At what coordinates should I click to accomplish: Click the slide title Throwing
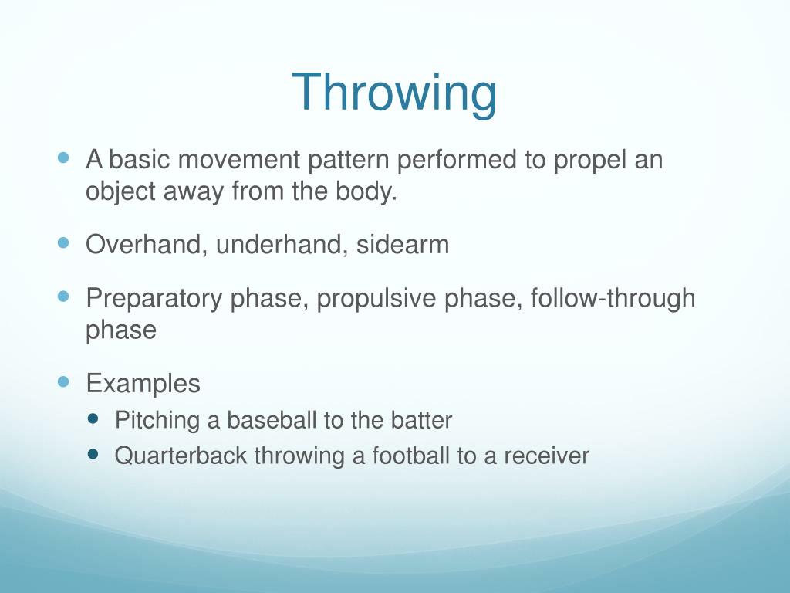pos(394,93)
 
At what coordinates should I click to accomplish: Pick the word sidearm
pos(402,245)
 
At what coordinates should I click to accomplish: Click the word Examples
pos(143,383)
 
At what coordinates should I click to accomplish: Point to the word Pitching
pos(157,421)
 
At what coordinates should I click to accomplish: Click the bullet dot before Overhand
pos(63,242)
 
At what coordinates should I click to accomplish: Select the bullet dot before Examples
pos(63,381)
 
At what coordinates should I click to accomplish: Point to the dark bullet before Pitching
pos(95,418)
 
